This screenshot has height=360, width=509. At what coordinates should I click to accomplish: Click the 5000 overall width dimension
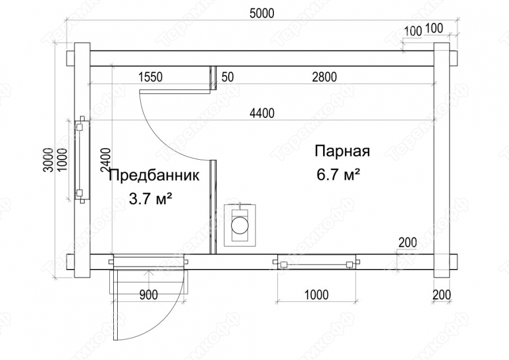262,13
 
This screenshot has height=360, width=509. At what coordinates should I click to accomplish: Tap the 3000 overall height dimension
48,160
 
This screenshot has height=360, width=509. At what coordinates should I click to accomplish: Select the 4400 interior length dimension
262,113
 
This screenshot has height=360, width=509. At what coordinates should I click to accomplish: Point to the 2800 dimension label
324,77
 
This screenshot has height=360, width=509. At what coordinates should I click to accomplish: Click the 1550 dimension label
150,77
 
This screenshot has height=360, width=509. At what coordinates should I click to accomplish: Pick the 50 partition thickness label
228,77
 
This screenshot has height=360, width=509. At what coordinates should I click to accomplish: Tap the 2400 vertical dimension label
105,160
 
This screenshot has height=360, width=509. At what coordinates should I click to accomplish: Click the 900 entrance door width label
149,295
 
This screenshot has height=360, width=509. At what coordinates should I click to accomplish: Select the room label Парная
342,152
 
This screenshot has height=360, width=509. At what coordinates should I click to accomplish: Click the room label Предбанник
154,176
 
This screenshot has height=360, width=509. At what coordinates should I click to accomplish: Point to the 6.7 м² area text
338,175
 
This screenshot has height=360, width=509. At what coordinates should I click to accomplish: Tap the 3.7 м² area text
150,199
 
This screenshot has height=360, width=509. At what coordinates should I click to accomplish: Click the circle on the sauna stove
240,225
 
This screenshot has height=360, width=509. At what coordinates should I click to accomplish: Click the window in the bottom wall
316,262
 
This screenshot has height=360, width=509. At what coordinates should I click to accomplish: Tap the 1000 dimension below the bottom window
316,295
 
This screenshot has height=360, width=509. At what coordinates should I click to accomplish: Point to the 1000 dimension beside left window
61,160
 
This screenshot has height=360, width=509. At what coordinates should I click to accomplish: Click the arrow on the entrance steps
149,282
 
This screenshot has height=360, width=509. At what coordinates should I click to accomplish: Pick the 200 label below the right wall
442,295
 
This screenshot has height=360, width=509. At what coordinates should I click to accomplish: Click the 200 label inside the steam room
408,242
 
